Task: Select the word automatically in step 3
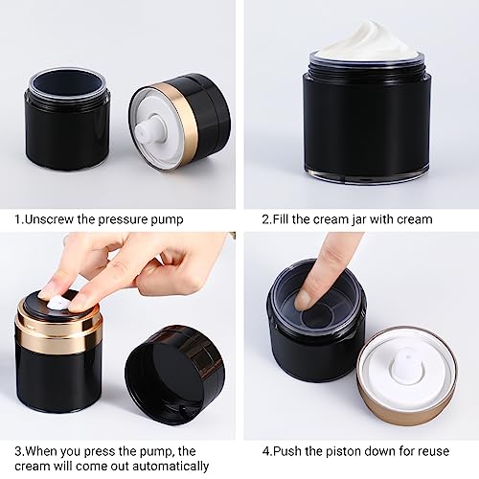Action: tap(171, 467)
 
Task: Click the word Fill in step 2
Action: tap(281, 219)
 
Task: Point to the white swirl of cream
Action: tap(366, 41)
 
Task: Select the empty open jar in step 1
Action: tap(67, 118)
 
